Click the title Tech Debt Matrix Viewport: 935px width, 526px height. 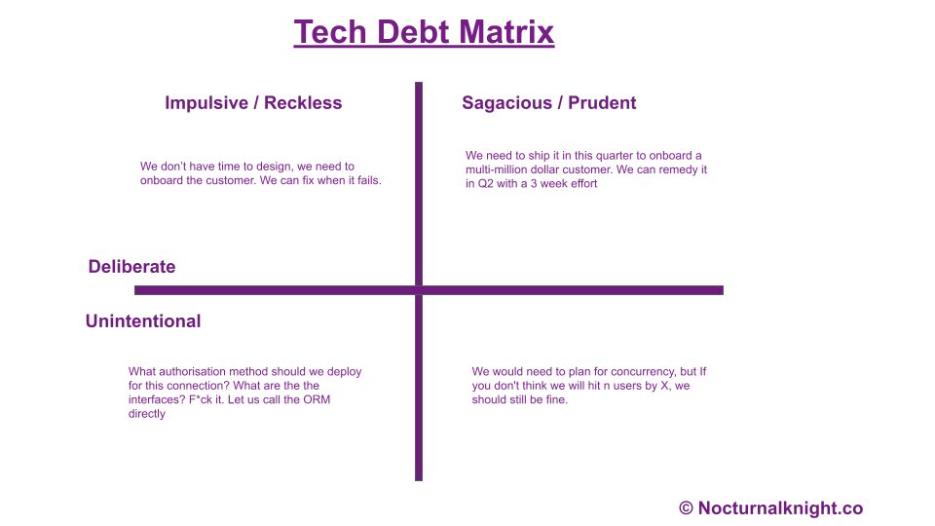click(x=424, y=32)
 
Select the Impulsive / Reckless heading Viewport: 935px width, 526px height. click(x=253, y=103)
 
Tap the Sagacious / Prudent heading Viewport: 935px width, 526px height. click(x=548, y=103)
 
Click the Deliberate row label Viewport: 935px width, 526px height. click(x=131, y=267)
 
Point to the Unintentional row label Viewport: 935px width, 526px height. click(x=143, y=321)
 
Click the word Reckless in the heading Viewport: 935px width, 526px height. click(x=304, y=103)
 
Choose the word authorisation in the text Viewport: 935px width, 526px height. click(x=193, y=372)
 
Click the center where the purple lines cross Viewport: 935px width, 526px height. click(x=420, y=289)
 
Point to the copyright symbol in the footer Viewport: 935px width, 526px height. click(x=686, y=508)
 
